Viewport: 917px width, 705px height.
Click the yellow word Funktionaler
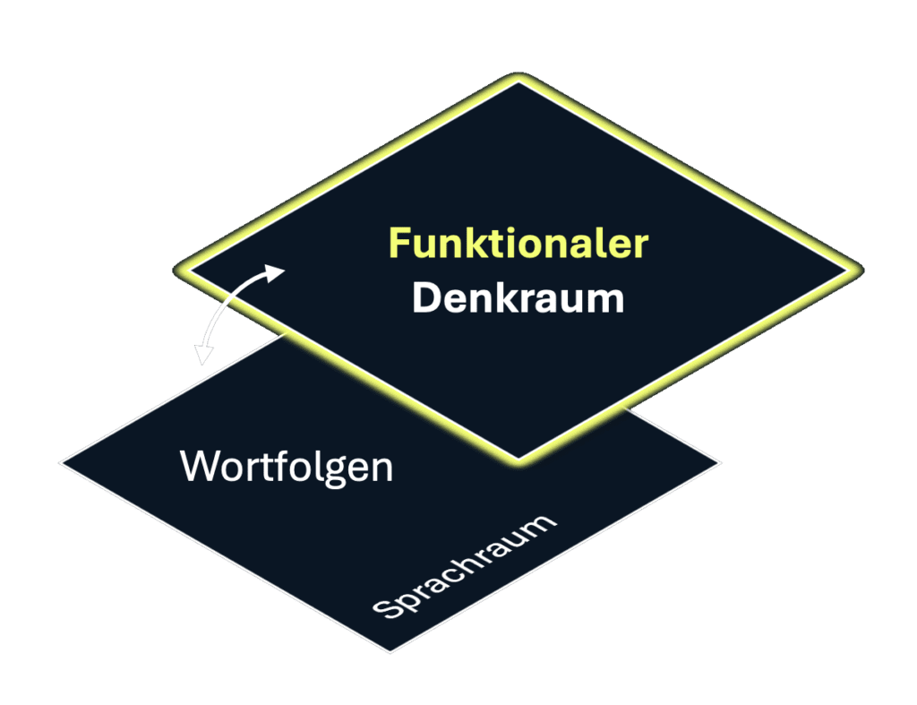click(518, 244)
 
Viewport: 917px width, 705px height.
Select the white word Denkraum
click(518, 298)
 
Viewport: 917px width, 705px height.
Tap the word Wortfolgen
click(287, 468)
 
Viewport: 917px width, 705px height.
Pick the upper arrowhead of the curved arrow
click(279, 271)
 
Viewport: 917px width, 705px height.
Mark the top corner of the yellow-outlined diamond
click(518, 80)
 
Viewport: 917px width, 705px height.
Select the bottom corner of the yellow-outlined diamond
click(518, 460)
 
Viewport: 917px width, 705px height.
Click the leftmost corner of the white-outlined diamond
click(62, 463)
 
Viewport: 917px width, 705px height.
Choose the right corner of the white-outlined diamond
click(720, 464)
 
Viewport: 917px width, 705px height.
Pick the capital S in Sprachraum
click(384, 610)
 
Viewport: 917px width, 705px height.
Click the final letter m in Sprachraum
click(542, 525)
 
